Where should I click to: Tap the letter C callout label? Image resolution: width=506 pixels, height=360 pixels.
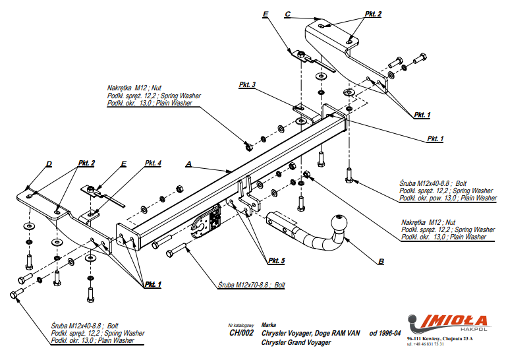point(287,14)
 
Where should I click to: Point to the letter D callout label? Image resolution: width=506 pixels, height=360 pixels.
point(49,164)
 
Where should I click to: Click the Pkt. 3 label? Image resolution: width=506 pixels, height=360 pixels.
point(248,85)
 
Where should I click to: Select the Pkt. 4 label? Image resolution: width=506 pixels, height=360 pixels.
point(153,163)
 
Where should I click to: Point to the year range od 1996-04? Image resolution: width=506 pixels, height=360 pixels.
point(385,334)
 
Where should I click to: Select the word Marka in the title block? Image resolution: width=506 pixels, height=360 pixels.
point(269,324)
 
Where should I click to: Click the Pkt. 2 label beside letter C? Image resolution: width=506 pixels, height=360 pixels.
point(372,14)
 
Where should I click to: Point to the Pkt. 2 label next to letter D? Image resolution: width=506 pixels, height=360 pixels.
point(86,163)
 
